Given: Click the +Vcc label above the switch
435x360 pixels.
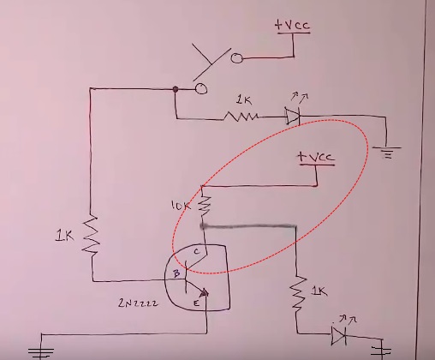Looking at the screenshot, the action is tap(292, 25).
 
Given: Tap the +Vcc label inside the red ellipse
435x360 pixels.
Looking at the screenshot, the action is tap(316, 157).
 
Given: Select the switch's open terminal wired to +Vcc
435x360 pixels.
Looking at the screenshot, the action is tap(236, 58).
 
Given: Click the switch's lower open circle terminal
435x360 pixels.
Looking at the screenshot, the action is tap(201, 88).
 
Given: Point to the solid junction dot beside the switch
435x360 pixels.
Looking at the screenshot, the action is tap(176, 89).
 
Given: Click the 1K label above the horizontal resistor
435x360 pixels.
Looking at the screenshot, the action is tap(244, 100).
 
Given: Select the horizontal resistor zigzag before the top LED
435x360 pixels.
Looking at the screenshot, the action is tap(241, 117).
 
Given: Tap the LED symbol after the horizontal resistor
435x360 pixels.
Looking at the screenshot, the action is tap(293, 116).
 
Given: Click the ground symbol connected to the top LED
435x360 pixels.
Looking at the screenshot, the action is tap(387, 152).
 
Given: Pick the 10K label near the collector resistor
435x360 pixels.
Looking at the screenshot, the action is tap(181, 206).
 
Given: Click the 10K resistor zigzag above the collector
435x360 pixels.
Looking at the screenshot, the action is tap(204, 205).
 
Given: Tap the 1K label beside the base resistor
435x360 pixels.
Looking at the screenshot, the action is tap(65, 237).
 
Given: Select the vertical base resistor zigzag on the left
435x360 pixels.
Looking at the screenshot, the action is tap(91, 235).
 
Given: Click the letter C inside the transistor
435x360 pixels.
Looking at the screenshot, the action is tap(197, 252).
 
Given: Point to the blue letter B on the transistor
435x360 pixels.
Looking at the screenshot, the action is tap(176, 273).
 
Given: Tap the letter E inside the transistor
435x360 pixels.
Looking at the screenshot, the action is tap(196, 303).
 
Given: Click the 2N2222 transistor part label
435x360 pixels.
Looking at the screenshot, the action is tap(138, 303).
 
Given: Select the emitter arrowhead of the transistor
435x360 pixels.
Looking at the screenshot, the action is tap(205, 293).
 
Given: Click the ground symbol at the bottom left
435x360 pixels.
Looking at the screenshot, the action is tap(41, 352).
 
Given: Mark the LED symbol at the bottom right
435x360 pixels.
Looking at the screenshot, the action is tap(339, 335).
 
